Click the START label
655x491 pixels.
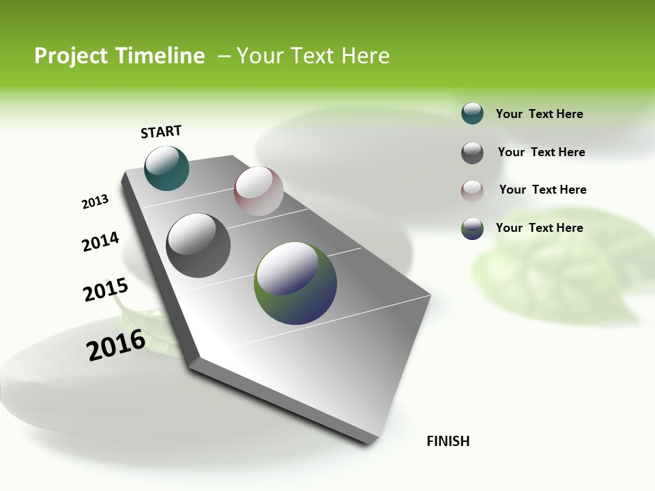pos(161,132)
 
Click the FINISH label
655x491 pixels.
pos(448,441)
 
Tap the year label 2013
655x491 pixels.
pos(95,202)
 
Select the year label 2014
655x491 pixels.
pos(100,241)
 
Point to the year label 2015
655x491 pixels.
pos(105,290)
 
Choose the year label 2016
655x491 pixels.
pos(116,345)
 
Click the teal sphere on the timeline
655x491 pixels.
pos(166,168)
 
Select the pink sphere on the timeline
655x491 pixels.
pos(259,191)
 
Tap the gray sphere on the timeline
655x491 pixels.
pos(198,245)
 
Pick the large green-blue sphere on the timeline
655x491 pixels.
pos(295,283)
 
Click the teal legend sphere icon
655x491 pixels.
pos(472,113)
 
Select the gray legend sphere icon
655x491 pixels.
pos(472,153)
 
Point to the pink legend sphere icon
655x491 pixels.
pos(472,191)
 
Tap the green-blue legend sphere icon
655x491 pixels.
pos(472,228)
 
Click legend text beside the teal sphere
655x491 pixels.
pos(539,114)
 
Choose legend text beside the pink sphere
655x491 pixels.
pos(542,190)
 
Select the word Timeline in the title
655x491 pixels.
pos(162,56)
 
